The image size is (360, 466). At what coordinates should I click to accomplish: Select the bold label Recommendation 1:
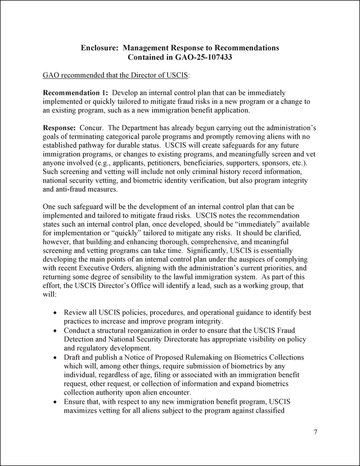tap(75, 92)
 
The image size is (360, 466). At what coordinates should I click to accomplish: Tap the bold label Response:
tap(59, 128)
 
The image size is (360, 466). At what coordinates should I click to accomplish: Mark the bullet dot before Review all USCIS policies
tap(56, 313)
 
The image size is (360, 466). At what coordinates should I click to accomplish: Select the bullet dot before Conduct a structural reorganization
tap(56, 331)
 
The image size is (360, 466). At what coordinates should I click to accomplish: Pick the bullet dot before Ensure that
tap(56, 401)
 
